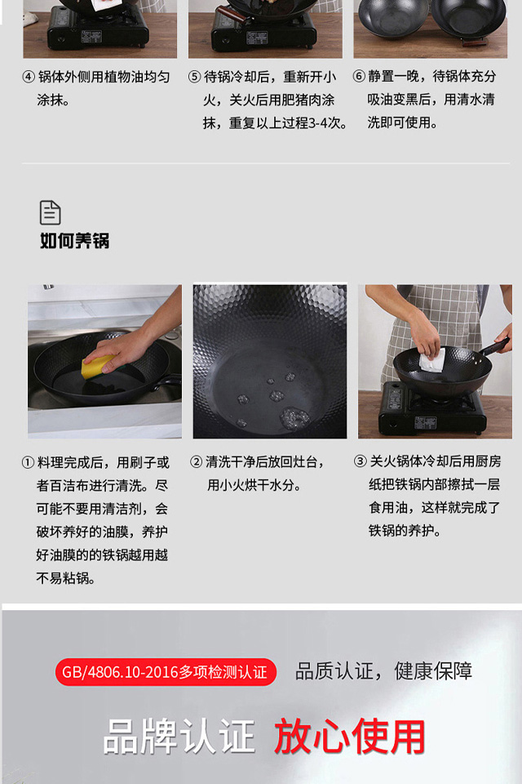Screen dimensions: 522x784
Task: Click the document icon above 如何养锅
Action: coord(50,212)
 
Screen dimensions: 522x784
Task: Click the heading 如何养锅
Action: coord(74,241)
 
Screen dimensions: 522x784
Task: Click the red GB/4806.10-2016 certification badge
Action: coord(166,672)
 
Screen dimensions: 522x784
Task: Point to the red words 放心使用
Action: coord(349,736)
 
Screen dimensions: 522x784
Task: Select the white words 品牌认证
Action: coord(179,736)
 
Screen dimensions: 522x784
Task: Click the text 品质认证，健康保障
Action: coord(383,671)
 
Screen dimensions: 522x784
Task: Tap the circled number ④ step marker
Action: coord(29,77)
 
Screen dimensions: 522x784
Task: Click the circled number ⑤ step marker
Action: coord(194,77)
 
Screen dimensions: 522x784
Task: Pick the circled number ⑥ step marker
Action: coord(359,77)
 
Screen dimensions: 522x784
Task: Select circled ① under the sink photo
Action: coord(28,462)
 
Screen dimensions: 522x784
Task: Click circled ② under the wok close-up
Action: coord(197,462)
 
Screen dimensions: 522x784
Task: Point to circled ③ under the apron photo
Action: coord(361,461)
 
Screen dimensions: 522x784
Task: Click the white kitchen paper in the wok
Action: coord(432,359)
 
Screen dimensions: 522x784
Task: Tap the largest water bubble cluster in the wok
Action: coord(294,418)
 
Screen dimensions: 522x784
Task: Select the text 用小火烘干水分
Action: coord(254,485)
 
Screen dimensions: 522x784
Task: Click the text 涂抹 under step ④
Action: coord(52,100)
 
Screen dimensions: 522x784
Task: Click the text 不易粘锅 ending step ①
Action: coord(65,578)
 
